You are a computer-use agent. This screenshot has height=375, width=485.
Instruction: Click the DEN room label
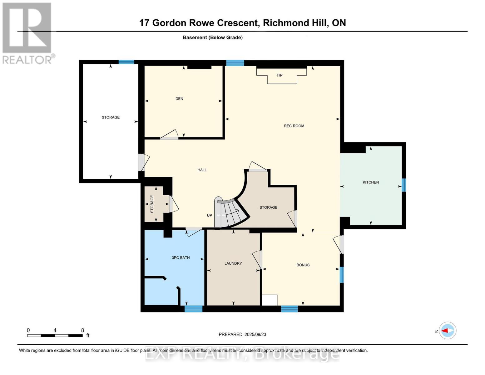click(179, 99)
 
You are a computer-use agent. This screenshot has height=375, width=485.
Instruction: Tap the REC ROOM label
click(294, 126)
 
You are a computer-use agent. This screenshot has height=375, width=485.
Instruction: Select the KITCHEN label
click(370, 182)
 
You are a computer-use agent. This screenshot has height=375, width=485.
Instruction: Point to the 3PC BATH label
click(181, 258)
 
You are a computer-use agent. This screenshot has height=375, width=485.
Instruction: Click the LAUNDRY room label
click(233, 263)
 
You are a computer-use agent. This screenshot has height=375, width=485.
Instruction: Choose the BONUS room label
click(303, 265)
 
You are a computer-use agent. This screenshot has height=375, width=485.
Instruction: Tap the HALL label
click(202, 170)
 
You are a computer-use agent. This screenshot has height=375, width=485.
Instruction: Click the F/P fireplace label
click(280, 75)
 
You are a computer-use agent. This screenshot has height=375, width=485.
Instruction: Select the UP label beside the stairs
click(209, 215)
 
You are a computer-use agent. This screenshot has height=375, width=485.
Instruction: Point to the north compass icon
click(447, 331)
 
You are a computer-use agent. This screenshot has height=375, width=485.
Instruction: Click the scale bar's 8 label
click(82, 330)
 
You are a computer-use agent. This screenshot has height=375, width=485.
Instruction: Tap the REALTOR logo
click(27, 33)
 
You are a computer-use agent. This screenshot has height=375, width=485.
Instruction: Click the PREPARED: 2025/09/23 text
click(242, 334)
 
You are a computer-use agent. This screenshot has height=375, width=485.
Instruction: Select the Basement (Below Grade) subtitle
click(213, 37)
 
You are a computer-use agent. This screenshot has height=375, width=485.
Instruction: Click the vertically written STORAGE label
click(152, 204)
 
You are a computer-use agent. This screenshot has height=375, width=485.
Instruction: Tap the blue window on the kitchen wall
click(403, 185)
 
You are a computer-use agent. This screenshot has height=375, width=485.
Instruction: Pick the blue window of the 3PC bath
click(193, 309)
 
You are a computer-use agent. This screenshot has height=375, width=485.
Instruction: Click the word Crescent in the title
click(238, 23)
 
